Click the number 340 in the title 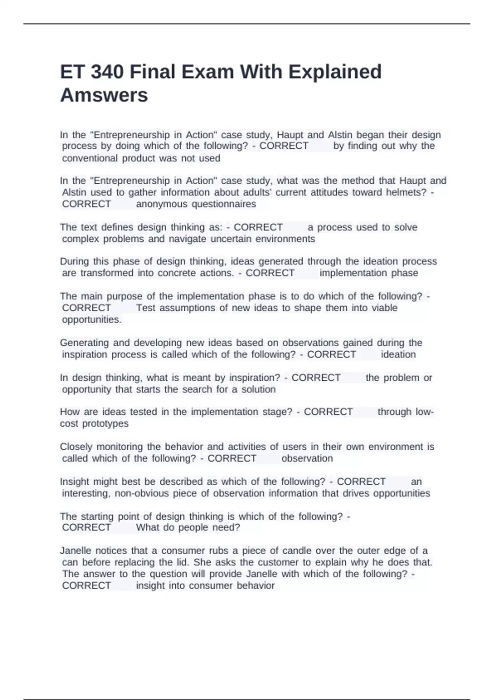coord(107,72)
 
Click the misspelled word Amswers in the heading coord(104,95)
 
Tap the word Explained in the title coord(335,72)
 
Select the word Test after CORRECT coord(145,308)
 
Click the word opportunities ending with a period coord(91,320)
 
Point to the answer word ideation coord(398,355)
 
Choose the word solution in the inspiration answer coord(259,390)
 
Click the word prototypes coord(105,424)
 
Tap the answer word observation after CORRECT coord(307,459)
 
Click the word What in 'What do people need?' coord(147,527)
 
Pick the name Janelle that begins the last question coord(76,551)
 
